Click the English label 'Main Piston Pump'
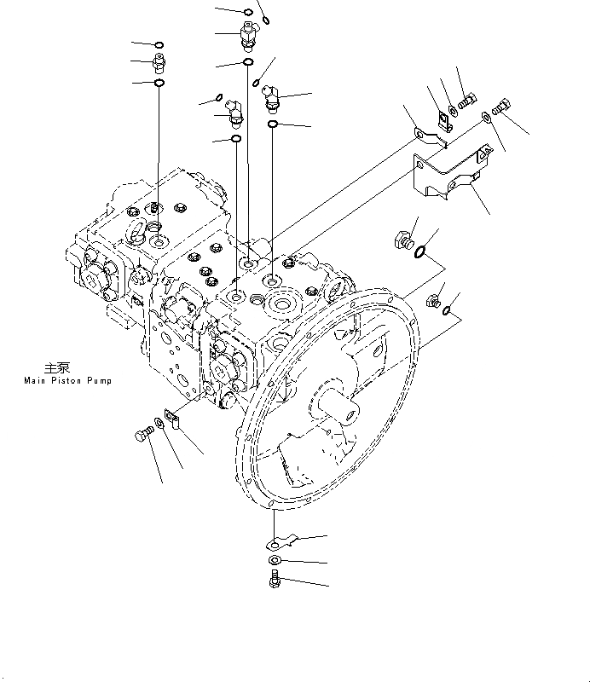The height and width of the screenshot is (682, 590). [68, 381]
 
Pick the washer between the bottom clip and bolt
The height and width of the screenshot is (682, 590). [273, 560]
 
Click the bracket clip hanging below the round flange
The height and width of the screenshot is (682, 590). [280, 540]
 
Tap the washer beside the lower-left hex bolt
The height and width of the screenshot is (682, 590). [159, 426]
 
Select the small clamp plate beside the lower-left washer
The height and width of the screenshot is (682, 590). [173, 420]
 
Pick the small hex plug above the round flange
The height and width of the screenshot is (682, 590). [433, 300]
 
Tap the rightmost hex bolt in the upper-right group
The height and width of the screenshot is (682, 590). [501, 108]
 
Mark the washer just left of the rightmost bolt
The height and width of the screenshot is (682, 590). [485, 117]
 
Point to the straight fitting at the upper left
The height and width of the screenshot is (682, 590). [158, 61]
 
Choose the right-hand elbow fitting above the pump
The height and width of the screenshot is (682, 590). [272, 98]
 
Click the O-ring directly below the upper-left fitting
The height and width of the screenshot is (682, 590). [159, 83]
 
